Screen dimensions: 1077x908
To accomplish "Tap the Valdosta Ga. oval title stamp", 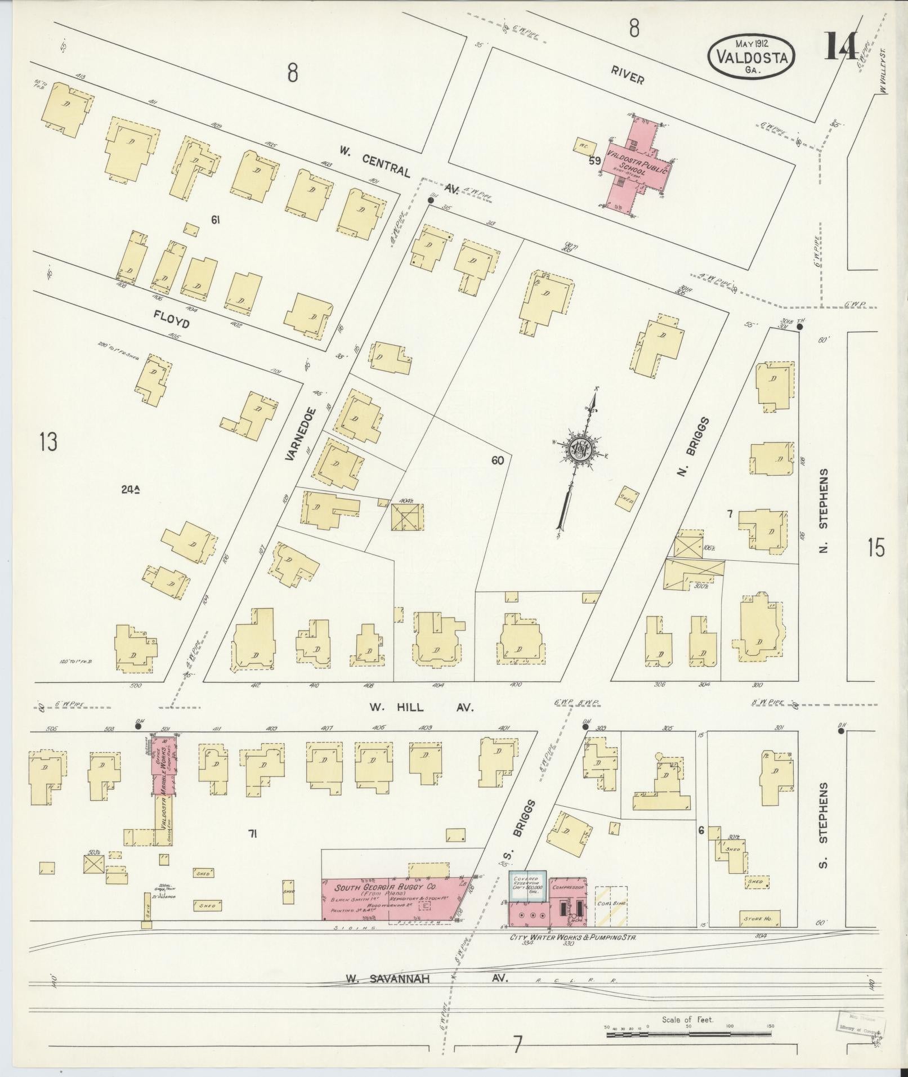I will point(751,55).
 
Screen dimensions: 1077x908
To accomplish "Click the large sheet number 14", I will point(841,47).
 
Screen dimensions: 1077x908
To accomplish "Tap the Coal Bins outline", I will point(611,906).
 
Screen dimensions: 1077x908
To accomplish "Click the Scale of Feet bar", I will point(687,1033).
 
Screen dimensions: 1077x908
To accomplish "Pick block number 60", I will point(498,461).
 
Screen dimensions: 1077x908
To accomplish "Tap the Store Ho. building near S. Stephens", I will point(759,918).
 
